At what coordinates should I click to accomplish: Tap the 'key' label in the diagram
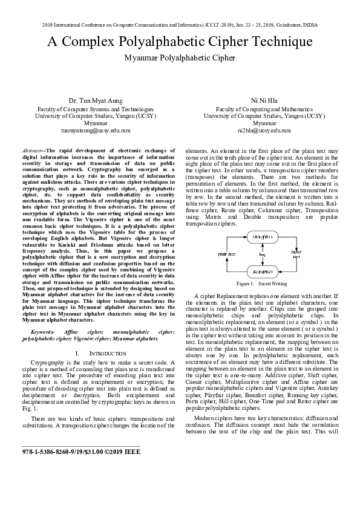pyautogui.click(x=262, y=254)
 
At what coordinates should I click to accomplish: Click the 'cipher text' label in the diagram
pyautogui.click(x=296, y=253)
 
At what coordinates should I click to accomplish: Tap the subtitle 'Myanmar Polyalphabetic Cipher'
pyautogui.click(x=180, y=58)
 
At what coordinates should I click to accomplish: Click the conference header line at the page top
pyautogui.click(x=180, y=25)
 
